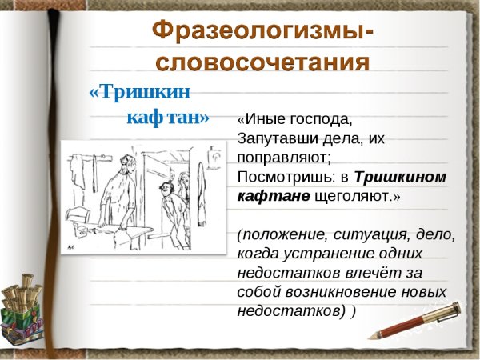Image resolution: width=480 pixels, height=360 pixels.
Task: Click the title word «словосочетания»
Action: [262, 62]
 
